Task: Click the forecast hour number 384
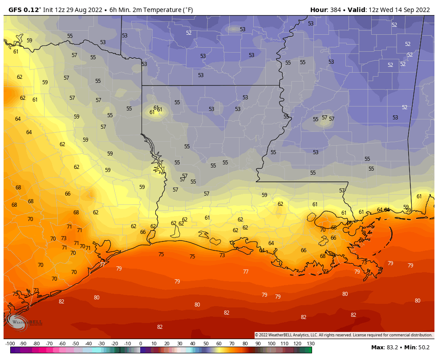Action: coord(337,10)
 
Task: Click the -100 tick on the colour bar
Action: coord(10,344)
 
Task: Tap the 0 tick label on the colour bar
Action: coord(141,344)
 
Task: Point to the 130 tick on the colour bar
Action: coord(311,344)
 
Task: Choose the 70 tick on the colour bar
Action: coord(232,344)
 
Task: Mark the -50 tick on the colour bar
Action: coord(75,344)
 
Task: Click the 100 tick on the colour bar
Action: coord(271,344)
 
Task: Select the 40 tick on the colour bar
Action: coord(193,344)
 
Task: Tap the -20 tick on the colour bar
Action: coord(114,344)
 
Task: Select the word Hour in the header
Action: coord(318,10)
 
